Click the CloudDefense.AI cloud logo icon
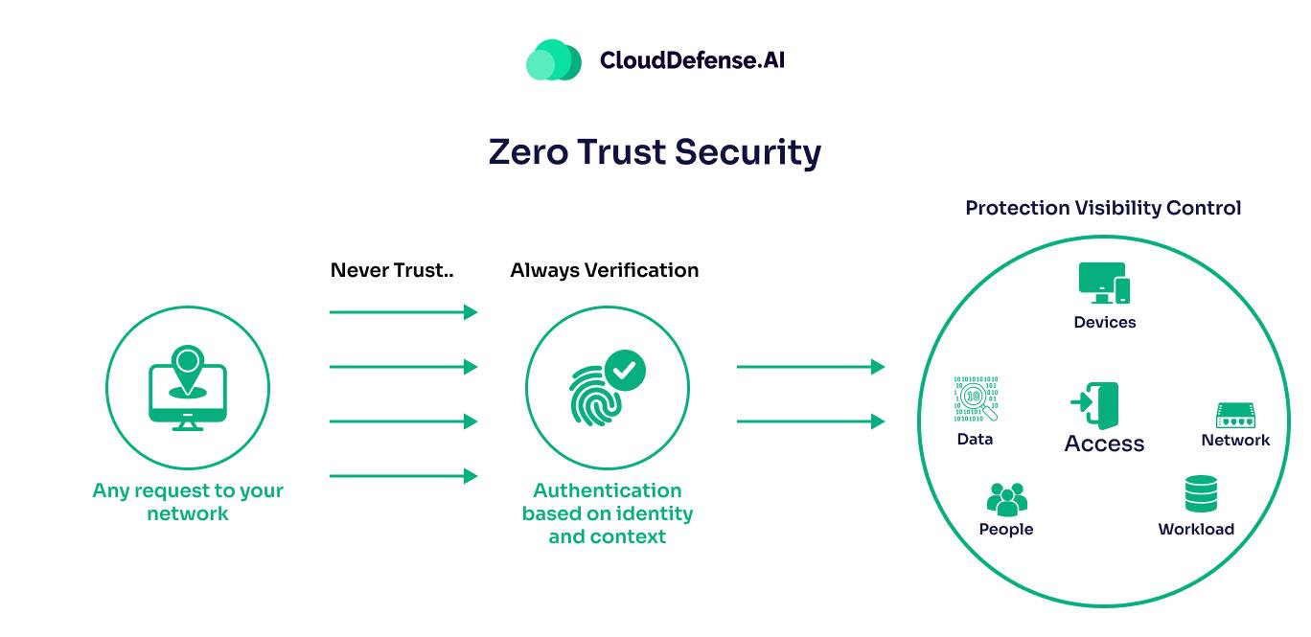coord(554,60)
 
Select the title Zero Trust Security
coord(655,152)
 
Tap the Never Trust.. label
coord(391,270)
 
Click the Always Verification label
coord(604,270)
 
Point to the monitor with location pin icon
coord(188,388)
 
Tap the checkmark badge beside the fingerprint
coord(625,369)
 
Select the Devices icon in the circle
coord(1104,284)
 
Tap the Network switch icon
coord(1235,415)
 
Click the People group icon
coord(1006,499)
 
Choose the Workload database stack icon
coord(1201,495)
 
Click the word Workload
coord(1196,530)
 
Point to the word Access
coord(1104,444)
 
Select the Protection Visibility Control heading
coord(1103,208)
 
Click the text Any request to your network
coord(188,502)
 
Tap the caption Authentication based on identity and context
coord(607,513)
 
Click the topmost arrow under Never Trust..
coord(402,312)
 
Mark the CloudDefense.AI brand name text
coord(692,60)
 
